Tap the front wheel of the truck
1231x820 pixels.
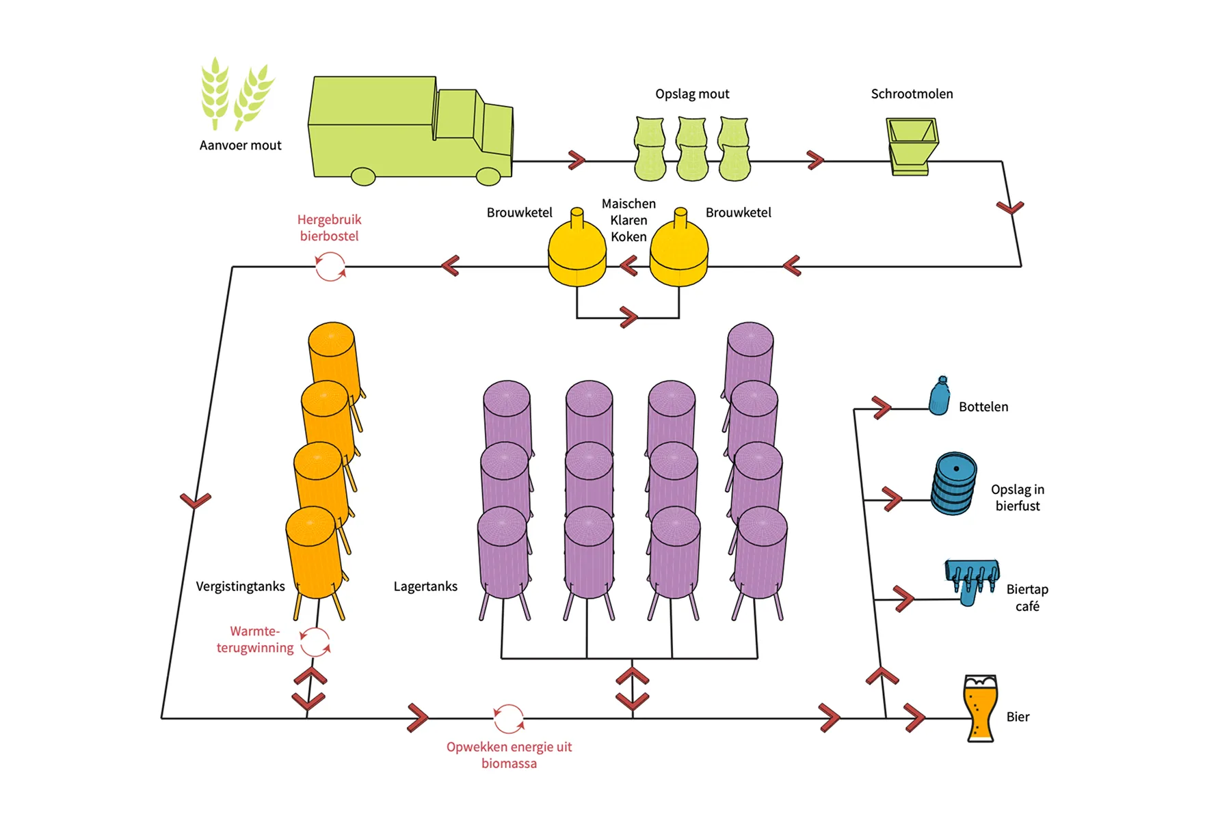tap(488, 176)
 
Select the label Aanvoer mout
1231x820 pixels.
tap(240, 146)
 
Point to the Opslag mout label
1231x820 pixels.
tap(692, 94)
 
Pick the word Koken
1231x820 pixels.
tap(628, 237)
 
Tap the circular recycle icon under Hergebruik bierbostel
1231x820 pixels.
tap(330, 266)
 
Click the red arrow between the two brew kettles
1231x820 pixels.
tap(628, 265)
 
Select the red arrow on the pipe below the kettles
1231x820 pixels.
tap(628, 317)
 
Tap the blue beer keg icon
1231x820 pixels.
tap(954, 483)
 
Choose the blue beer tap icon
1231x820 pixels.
tap(972, 580)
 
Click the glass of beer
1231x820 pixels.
tap(980, 709)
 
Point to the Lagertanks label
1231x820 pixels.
tap(425, 586)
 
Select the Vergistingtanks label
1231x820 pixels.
tap(240, 586)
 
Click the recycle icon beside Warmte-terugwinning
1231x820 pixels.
tap(315, 642)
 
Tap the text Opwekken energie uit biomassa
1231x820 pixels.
tap(509, 755)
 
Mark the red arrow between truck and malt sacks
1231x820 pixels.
tap(577, 161)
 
